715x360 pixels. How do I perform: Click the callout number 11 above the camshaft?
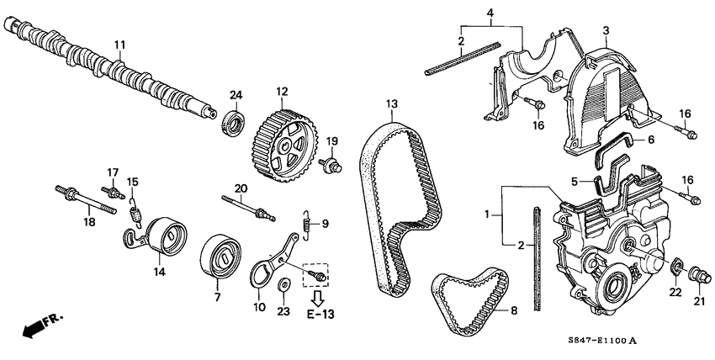pyautogui.click(x=119, y=44)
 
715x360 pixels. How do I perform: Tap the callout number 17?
pyautogui.click(x=111, y=172)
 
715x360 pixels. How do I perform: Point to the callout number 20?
pyautogui.click(x=241, y=188)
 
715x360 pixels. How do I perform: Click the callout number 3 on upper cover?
pyautogui.click(x=605, y=30)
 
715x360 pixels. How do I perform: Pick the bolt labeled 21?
pyautogui.click(x=697, y=274)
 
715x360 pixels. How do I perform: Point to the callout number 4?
pyautogui.click(x=491, y=12)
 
